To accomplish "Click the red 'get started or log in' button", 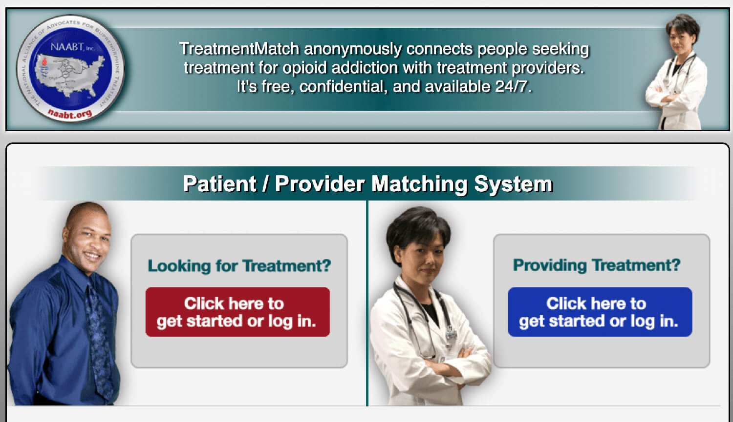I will click(237, 312).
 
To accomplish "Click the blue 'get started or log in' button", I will click(600, 312).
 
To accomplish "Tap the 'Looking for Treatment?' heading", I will click(239, 266).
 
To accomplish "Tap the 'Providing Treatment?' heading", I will click(596, 265).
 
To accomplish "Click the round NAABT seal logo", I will click(70, 68).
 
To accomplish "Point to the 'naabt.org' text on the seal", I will click(70, 114).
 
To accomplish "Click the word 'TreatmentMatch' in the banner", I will click(239, 49).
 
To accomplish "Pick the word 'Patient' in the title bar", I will click(219, 184).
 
